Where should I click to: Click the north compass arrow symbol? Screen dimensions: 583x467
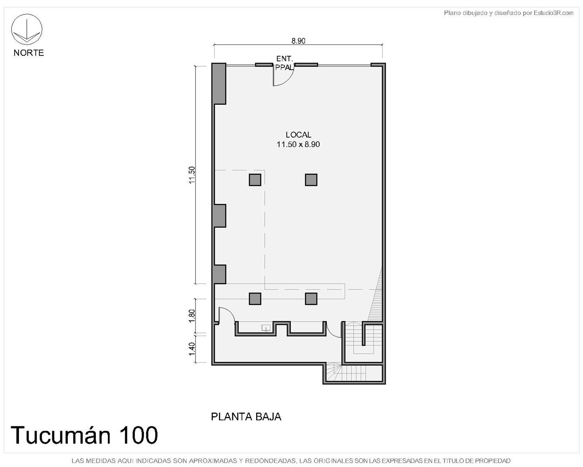pyautogui.click(x=26, y=29)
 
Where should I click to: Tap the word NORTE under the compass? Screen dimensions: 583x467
pyautogui.click(x=29, y=53)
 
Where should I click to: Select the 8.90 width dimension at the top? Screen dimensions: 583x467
pyautogui.click(x=298, y=41)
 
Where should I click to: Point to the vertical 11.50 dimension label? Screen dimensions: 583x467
pyautogui.click(x=192, y=175)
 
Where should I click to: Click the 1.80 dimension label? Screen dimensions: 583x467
pyautogui.click(x=192, y=316)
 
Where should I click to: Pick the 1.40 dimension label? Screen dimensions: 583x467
pyautogui.click(x=192, y=349)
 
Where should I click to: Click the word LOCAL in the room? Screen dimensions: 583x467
pyautogui.click(x=298, y=134)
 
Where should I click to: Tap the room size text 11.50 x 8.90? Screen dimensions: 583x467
pyautogui.click(x=298, y=144)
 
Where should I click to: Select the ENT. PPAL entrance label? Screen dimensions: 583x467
pyautogui.click(x=285, y=63)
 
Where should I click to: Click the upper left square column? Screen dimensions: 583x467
pyautogui.click(x=255, y=179)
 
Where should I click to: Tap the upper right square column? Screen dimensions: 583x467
pyautogui.click(x=311, y=179)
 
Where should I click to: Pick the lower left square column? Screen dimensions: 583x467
pyautogui.click(x=255, y=298)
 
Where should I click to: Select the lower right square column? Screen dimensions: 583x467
pyautogui.click(x=311, y=298)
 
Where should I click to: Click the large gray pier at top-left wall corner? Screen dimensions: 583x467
pyautogui.click(x=219, y=83)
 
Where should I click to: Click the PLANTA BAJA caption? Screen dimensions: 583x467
pyautogui.click(x=246, y=417)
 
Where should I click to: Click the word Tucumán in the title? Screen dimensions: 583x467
pyautogui.click(x=60, y=435)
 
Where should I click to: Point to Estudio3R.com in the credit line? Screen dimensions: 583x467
pyautogui.click(x=553, y=13)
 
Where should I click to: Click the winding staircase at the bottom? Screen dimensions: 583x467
pyautogui.click(x=354, y=373)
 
